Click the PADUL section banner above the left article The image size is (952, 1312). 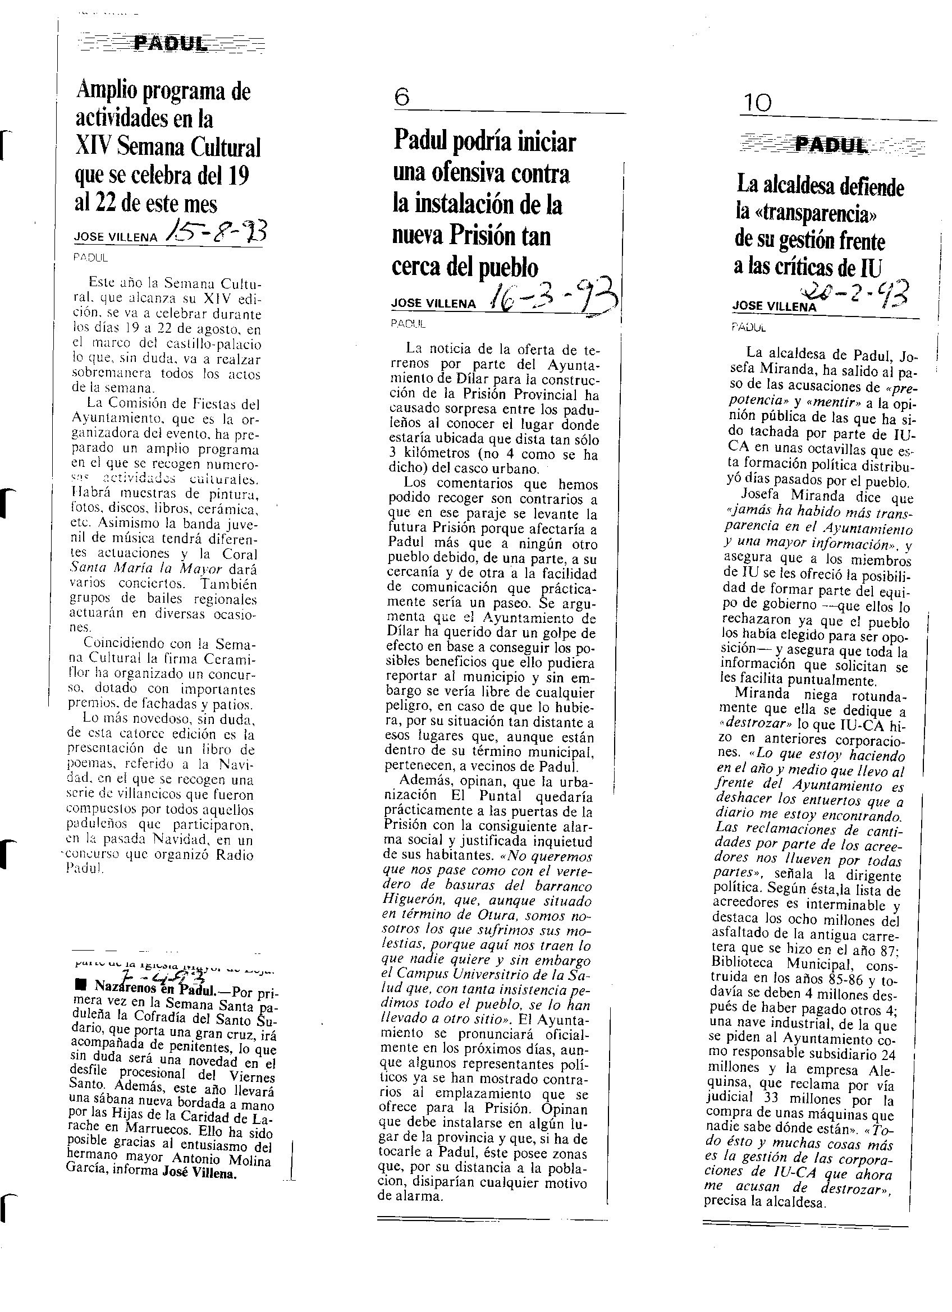[x=170, y=43]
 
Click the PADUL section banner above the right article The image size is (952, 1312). [x=832, y=145]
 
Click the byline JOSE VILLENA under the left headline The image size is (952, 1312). [x=116, y=237]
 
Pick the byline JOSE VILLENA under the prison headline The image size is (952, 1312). [x=433, y=303]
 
